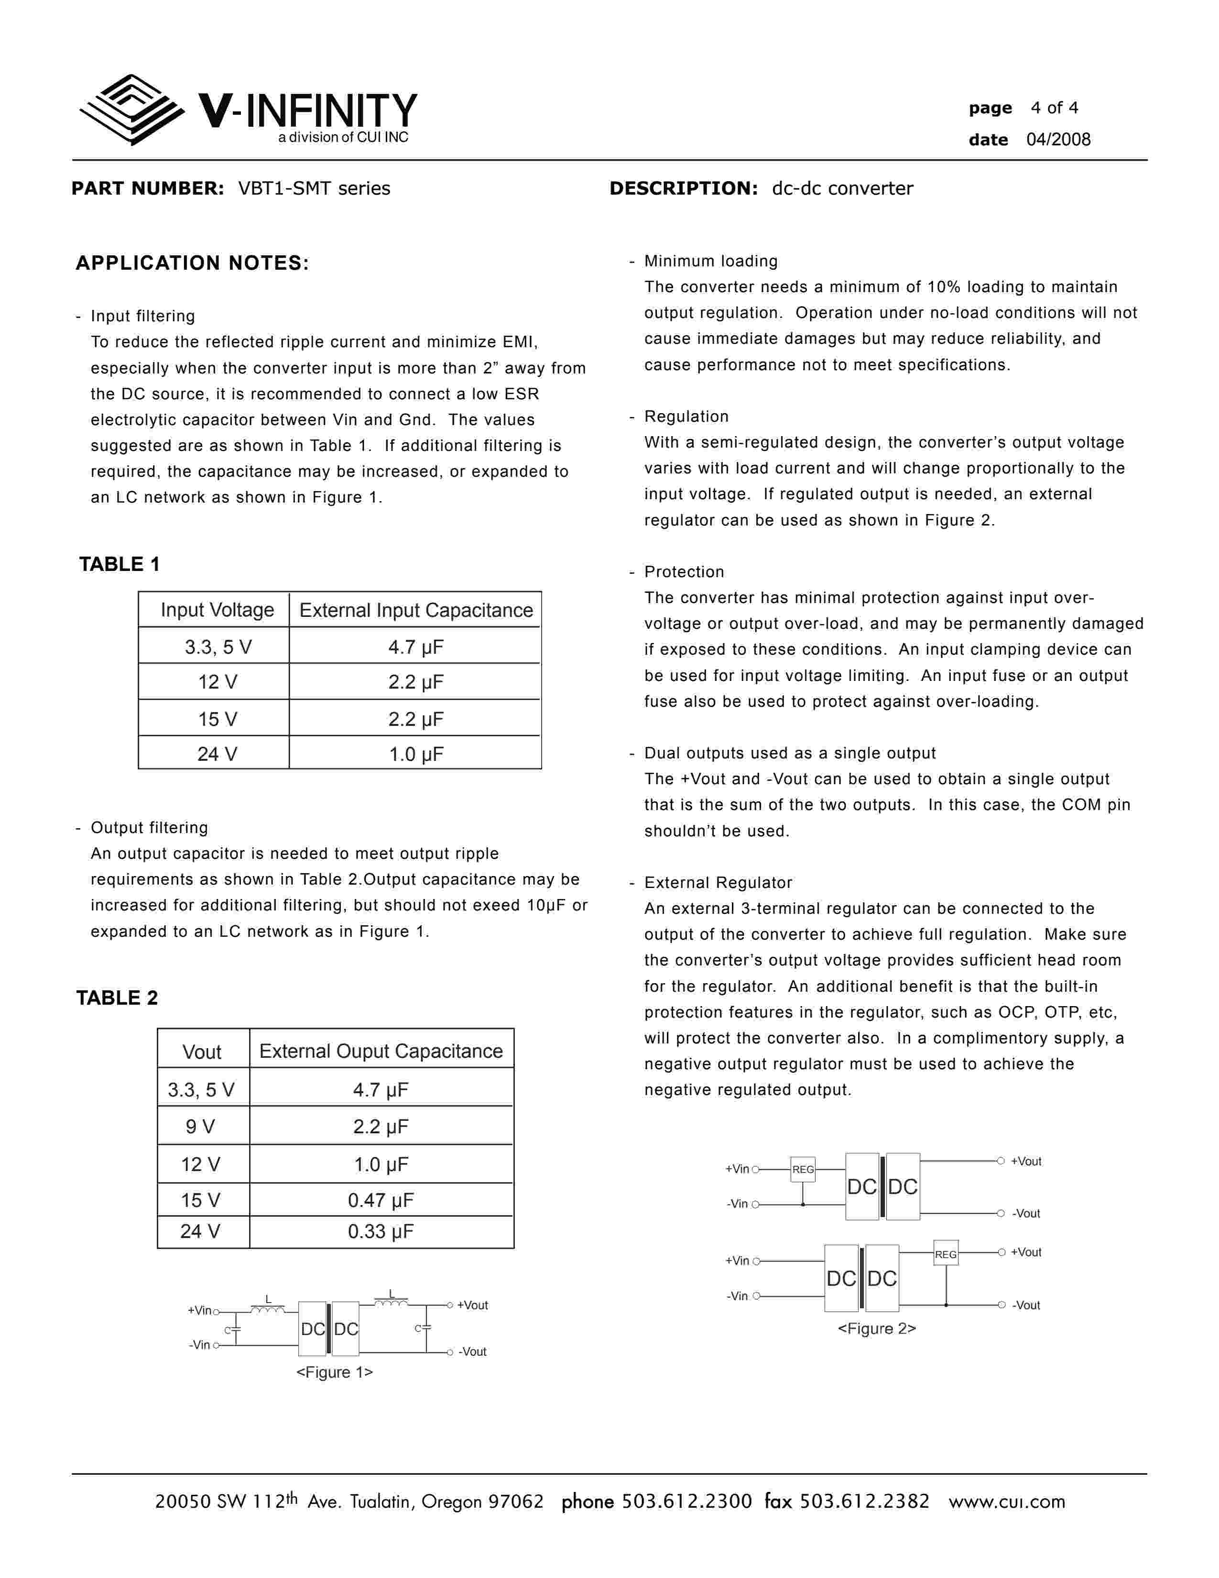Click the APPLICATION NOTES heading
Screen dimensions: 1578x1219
click(192, 263)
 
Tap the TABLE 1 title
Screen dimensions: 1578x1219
click(119, 564)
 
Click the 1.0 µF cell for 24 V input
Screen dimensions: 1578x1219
click(416, 754)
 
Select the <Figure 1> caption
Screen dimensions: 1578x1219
click(334, 1372)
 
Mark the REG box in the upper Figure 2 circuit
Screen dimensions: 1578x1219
click(803, 1169)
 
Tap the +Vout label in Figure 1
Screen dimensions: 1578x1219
click(472, 1305)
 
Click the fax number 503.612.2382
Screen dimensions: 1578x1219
click(864, 1501)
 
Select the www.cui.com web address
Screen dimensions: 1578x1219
click(1007, 1501)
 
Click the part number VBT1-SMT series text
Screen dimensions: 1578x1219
click(314, 188)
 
